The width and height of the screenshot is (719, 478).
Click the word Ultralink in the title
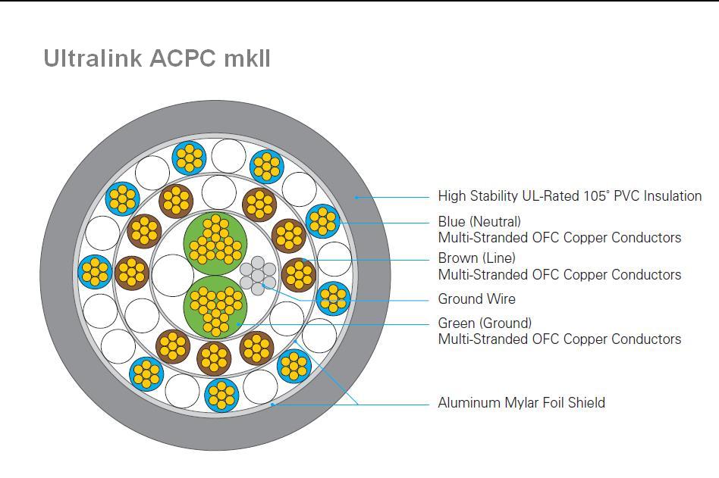[x=93, y=58]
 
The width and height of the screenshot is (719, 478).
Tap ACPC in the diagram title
[x=183, y=58]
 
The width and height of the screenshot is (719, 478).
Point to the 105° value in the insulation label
[x=597, y=196]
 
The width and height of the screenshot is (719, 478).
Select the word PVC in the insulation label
[x=626, y=196]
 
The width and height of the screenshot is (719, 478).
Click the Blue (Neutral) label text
[x=479, y=222]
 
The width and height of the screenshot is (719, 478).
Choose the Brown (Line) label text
[x=476, y=258]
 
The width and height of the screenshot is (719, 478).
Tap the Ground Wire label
[x=476, y=299]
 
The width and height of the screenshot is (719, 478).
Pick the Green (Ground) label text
[x=485, y=323]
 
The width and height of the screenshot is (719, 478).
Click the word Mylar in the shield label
[x=521, y=402]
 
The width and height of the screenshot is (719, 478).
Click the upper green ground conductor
[x=215, y=243]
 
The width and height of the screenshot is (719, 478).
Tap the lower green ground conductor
[x=215, y=308]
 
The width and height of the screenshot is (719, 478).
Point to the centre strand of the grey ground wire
[x=258, y=276]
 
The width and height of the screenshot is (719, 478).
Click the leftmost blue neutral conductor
[x=95, y=272]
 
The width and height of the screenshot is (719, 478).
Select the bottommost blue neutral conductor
[x=221, y=395]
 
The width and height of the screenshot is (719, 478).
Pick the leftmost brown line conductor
[x=132, y=273]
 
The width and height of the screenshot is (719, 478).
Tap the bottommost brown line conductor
[x=214, y=358]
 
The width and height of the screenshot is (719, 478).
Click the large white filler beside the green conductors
[x=173, y=275]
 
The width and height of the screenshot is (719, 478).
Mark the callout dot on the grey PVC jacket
[x=356, y=197]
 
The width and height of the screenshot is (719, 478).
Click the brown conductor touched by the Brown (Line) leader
[x=299, y=275]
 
